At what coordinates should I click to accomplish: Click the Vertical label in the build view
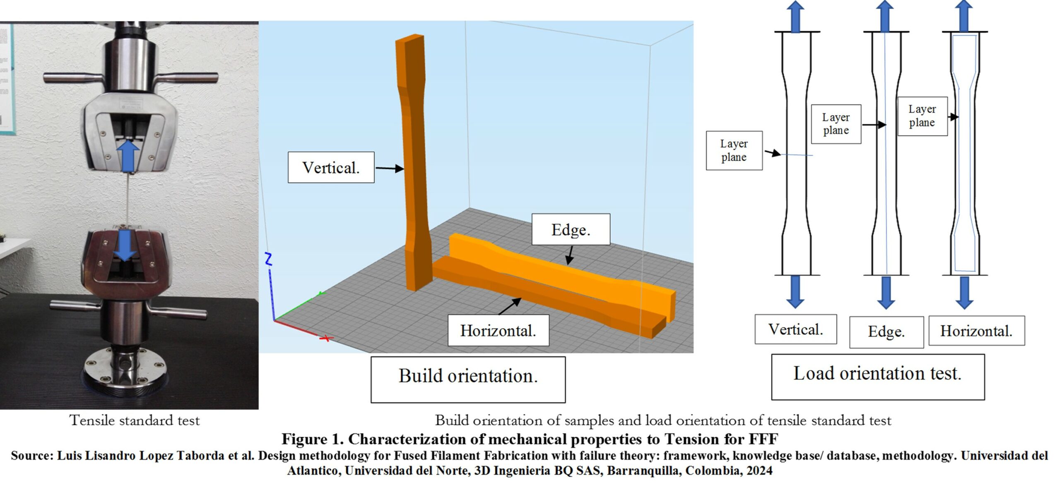[x=331, y=168]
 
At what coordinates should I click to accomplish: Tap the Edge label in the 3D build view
[x=571, y=229]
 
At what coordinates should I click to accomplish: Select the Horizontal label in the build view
[x=498, y=330]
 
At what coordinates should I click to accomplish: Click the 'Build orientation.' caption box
[x=468, y=379]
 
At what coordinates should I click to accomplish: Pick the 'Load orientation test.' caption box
[x=877, y=376]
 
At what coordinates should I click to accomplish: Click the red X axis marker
[x=326, y=339]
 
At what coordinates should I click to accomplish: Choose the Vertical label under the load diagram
[x=795, y=329]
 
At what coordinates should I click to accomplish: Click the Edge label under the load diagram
[x=886, y=332]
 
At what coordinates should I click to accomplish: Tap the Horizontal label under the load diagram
[x=976, y=331]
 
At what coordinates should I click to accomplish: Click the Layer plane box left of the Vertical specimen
[x=734, y=151]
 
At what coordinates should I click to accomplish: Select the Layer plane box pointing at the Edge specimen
[x=836, y=124]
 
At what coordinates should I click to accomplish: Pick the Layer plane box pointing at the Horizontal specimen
[x=922, y=116]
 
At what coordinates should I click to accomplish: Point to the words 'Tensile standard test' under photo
[x=135, y=421]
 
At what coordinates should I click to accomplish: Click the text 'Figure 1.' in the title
[x=312, y=439]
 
